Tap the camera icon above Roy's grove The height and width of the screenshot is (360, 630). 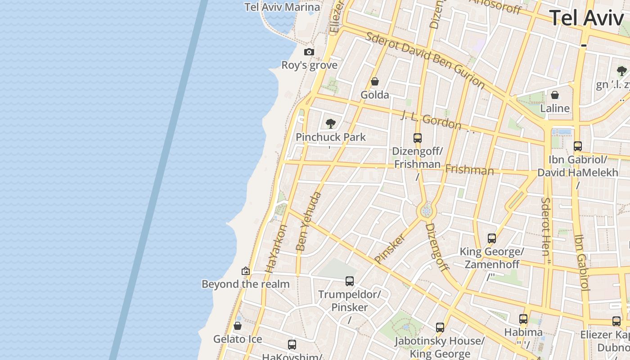[x=309, y=52]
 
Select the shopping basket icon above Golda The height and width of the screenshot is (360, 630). [x=374, y=81]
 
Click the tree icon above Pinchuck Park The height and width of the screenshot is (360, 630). [x=331, y=123]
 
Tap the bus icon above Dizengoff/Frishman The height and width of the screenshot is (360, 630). [x=418, y=138]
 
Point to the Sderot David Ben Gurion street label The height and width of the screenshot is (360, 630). [x=425, y=60]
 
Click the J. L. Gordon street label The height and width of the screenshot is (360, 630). [x=431, y=119]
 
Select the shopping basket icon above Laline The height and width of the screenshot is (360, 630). [x=555, y=95]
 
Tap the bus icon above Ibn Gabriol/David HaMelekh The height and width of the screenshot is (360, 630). [x=578, y=146]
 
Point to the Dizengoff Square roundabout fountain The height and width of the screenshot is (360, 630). [x=426, y=211]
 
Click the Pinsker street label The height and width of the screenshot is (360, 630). [x=390, y=248]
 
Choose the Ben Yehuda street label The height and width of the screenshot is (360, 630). [x=309, y=221]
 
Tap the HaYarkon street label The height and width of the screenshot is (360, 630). [x=276, y=248]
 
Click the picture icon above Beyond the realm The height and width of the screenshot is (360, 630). [x=246, y=271]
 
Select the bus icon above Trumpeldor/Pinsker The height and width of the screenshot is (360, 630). [x=350, y=281]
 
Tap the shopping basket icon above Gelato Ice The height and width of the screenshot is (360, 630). [x=238, y=326]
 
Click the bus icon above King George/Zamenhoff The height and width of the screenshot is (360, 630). [x=492, y=238]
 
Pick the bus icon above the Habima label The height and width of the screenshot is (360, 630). [x=523, y=319]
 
